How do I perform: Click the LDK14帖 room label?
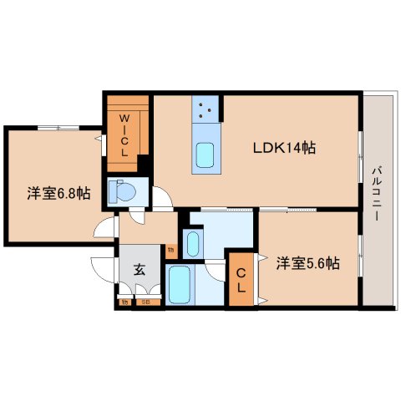point(284,148)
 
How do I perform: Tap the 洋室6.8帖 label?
point(58,193)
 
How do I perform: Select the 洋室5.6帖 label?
point(307,262)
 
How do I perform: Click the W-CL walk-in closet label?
point(122,135)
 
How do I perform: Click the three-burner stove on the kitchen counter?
point(206,108)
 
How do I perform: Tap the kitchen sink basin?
point(205,155)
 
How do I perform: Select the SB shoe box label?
point(146,302)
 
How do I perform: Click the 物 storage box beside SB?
point(124,302)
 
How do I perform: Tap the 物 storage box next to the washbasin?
point(171,248)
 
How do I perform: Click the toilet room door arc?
point(136,216)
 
